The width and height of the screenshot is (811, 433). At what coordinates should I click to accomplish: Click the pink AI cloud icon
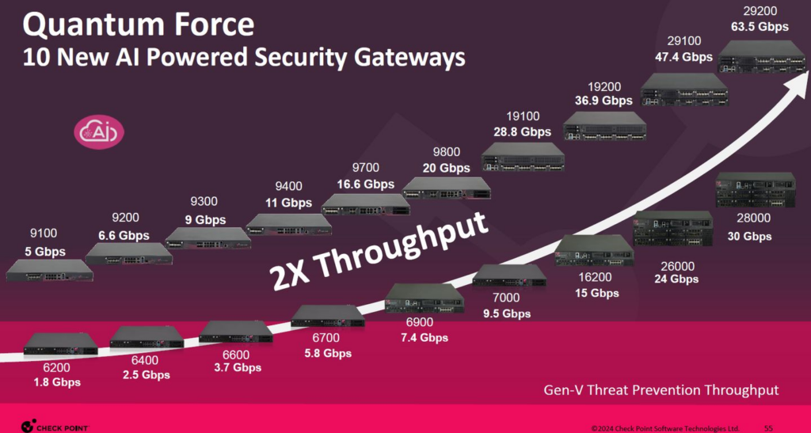tap(99, 131)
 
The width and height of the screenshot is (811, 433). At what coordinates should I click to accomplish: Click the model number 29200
tap(759, 10)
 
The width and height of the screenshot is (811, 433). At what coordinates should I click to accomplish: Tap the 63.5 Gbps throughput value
tap(760, 26)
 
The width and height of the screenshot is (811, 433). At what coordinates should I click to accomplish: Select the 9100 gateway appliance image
tap(50, 270)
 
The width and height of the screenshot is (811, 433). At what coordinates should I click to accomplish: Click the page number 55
tap(768, 427)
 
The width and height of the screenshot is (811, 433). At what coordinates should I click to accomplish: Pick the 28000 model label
tap(754, 218)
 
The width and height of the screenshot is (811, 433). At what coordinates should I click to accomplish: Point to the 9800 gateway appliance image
tap(447, 188)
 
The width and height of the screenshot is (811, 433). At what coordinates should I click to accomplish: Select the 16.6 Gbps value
tap(366, 184)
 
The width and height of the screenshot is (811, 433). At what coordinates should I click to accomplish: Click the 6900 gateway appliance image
tap(425, 298)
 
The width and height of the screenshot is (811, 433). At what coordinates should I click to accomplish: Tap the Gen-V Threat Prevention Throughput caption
tap(661, 389)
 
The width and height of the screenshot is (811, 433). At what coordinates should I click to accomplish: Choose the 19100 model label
tap(524, 117)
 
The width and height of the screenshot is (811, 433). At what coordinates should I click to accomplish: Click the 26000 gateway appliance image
tap(673, 228)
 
